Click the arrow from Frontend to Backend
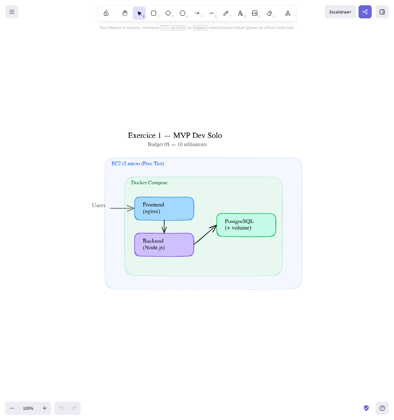pos(164,227)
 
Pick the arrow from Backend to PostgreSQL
pos(205,234)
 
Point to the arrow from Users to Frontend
pos(121,208)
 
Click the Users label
pos(98,206)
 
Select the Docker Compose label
pos(149,183)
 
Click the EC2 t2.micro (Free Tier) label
pos(138,164)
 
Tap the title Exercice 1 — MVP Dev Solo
pos(175,136)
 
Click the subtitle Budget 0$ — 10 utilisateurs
pos(177,144)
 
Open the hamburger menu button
pos(12,12)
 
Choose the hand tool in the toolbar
pos(125,13)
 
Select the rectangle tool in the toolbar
pos(154,13)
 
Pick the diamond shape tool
pos(168,13)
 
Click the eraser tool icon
pos(269,13)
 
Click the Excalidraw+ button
pos(340,12)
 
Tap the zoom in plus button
pos(45,408)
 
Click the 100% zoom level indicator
pos(28,408)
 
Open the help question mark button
pos(382,408)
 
